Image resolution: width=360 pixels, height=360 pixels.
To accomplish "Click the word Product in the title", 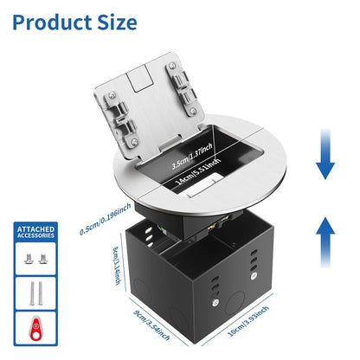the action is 52,22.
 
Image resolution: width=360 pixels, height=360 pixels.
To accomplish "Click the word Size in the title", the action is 117,22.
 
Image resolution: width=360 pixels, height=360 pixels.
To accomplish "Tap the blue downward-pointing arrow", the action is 325,154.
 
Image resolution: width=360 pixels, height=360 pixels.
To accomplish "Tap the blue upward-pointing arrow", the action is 325,241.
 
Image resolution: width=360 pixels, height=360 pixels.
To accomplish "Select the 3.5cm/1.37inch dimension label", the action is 192,156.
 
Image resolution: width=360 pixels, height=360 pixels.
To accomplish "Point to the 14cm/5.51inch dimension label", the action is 197,171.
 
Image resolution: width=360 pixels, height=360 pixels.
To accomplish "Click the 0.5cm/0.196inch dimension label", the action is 106,219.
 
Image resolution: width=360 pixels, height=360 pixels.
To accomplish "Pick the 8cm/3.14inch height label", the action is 118,266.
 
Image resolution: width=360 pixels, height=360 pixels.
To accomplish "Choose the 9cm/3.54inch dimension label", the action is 151,325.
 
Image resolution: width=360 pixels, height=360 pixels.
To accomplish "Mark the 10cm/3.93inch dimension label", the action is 248,321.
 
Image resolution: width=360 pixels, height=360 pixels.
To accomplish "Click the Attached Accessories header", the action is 35,232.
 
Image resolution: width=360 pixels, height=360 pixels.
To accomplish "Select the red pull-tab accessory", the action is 35,328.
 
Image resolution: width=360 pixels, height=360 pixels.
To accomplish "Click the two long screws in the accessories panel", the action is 35,293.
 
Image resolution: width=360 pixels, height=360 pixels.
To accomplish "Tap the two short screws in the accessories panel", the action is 35,259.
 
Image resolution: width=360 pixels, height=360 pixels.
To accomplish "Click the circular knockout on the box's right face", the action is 235,303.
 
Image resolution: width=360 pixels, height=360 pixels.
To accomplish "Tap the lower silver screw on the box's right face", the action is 215,303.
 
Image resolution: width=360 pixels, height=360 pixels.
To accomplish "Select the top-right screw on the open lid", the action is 172,66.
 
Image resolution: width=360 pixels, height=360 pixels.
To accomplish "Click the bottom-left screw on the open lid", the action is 134,141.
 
